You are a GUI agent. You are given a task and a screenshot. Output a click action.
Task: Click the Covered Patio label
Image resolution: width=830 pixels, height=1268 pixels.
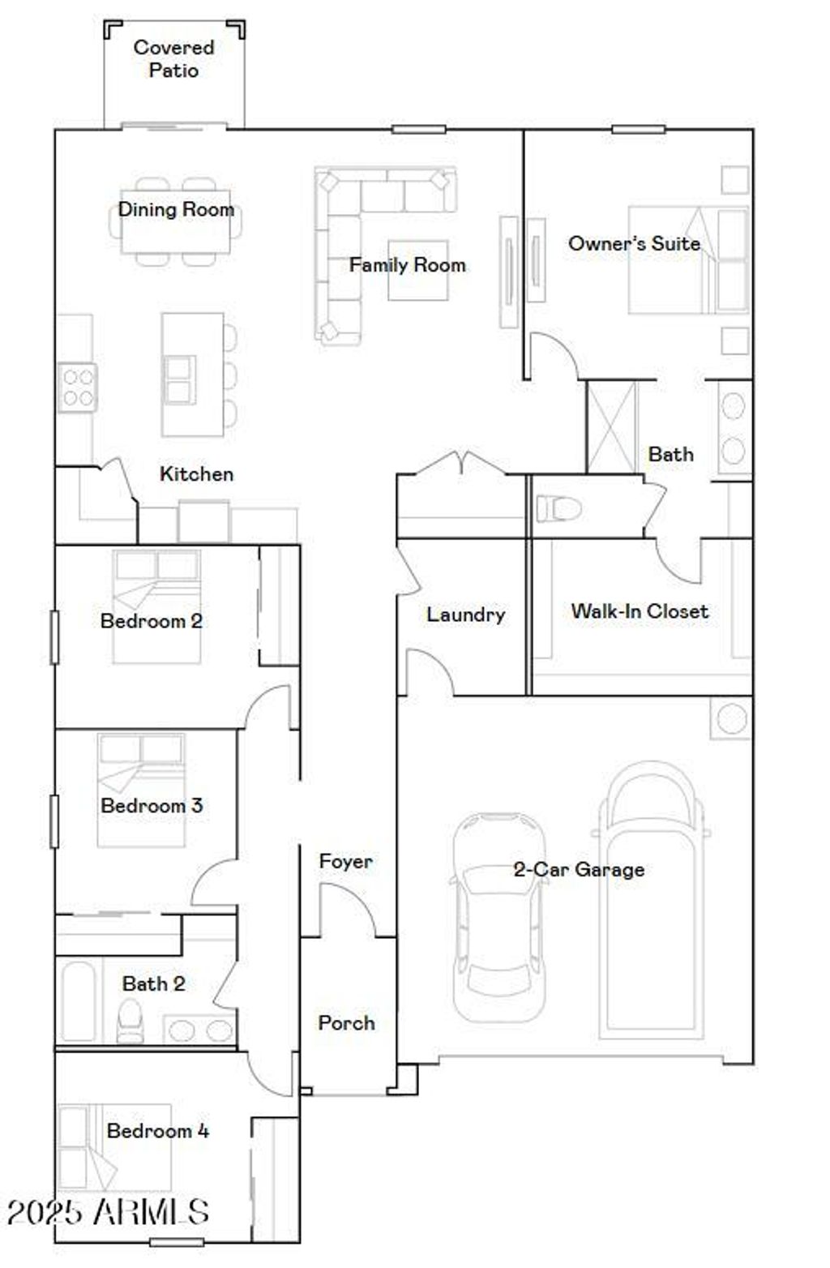[173, 59]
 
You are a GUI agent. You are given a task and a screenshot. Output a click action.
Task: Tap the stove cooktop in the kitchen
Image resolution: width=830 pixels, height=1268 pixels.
[78, 388]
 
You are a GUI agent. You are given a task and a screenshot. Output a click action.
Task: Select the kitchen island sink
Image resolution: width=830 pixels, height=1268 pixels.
[179, 379]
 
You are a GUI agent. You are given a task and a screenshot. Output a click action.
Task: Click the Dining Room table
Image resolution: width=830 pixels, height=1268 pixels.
[176, 221]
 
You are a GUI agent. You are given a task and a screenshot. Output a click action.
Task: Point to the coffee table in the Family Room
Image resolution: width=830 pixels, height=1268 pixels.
[417, 270]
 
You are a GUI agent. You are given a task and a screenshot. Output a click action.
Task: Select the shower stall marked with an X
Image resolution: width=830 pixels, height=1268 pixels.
[612, 427]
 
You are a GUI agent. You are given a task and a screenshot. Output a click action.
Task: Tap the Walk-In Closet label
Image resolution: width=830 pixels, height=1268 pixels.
[640, 611]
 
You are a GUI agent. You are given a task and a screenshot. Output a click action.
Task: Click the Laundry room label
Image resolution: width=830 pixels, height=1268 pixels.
[465, 615]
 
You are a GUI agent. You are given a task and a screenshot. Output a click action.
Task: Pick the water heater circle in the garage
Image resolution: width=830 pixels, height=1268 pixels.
[732, 719]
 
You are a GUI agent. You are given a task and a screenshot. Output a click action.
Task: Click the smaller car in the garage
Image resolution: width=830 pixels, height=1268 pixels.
[498, 916]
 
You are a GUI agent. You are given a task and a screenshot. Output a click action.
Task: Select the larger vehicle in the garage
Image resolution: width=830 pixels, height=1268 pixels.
[651, 900]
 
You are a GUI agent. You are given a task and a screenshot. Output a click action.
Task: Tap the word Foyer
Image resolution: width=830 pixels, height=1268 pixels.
[346, 861]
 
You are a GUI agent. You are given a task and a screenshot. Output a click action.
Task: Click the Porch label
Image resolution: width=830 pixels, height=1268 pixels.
[346, 1023]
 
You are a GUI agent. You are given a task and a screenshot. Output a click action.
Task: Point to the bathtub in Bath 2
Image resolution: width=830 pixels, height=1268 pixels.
[79, 1001]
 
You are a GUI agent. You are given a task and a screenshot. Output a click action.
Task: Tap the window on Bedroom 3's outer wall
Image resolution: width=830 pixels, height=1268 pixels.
[54, 820]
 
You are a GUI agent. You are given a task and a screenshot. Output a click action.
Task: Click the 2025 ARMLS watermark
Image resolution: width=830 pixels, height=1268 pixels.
[108, 1212]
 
